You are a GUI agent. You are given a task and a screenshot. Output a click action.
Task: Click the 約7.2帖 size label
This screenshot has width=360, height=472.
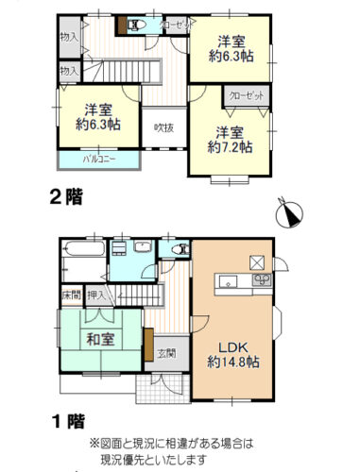231,146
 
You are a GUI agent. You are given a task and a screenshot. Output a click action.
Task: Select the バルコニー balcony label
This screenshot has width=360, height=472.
99,159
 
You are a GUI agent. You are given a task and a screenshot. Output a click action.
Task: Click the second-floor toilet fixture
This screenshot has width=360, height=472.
135,25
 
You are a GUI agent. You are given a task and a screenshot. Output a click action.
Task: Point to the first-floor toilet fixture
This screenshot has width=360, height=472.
177,249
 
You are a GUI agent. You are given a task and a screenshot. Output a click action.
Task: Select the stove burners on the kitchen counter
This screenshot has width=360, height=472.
262,280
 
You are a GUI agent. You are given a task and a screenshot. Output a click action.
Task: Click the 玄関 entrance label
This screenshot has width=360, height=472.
165,354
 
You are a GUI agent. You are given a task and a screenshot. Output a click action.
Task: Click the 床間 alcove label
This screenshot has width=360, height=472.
72,296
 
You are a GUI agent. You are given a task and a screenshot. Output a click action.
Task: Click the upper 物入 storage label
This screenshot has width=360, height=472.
68,37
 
